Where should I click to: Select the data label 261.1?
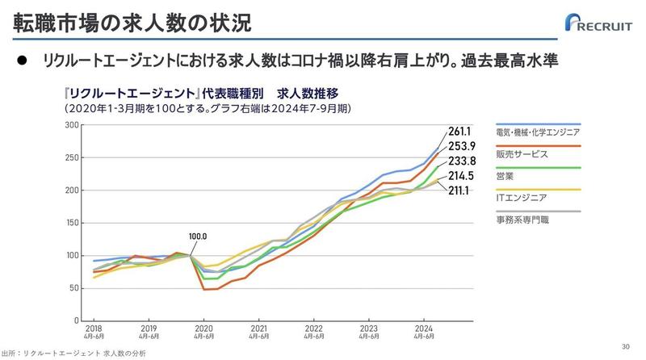tap(459, 131)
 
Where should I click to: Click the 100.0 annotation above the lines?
tap(199, 237)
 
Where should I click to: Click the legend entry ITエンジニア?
tap(522, 197)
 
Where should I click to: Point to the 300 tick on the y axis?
tap(71, 125)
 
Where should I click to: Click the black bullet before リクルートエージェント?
tap(23, 61)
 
